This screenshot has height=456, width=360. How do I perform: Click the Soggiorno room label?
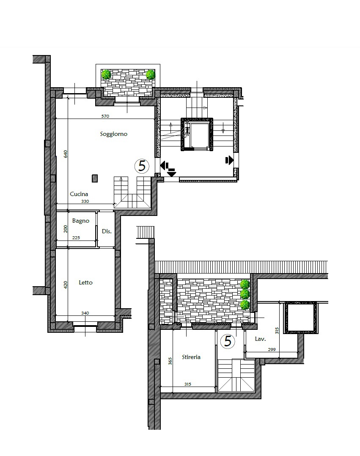[114, 134]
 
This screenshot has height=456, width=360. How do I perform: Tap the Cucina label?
[79, 194]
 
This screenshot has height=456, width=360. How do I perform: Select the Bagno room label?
[80, 221]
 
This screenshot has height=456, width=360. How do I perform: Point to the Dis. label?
[107, 231]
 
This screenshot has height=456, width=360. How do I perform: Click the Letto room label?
[86, 282]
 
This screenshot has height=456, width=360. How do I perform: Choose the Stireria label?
[191, 357]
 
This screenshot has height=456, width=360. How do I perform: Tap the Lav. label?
[260, 339]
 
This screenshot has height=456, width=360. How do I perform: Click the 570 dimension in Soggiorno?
[105, 116]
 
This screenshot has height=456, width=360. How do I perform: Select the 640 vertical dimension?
[66, 154]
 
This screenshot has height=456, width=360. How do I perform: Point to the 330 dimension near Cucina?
[85, 201]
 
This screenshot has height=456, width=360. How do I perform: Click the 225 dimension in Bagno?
[76, 238]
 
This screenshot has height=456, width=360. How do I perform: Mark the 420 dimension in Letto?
[66, 285]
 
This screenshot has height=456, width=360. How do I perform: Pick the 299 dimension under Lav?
[272, 350]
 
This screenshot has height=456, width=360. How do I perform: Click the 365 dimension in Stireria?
[170, 361]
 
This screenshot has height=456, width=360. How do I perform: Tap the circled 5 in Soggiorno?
[142, 166]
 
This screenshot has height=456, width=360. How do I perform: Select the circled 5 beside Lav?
[228, 341]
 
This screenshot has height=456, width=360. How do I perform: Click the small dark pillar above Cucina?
[95, 178]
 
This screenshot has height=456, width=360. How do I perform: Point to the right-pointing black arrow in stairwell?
[230, 160]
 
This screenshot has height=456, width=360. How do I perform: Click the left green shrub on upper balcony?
[106, 75]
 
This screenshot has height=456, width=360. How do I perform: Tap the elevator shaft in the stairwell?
[197, 134]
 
